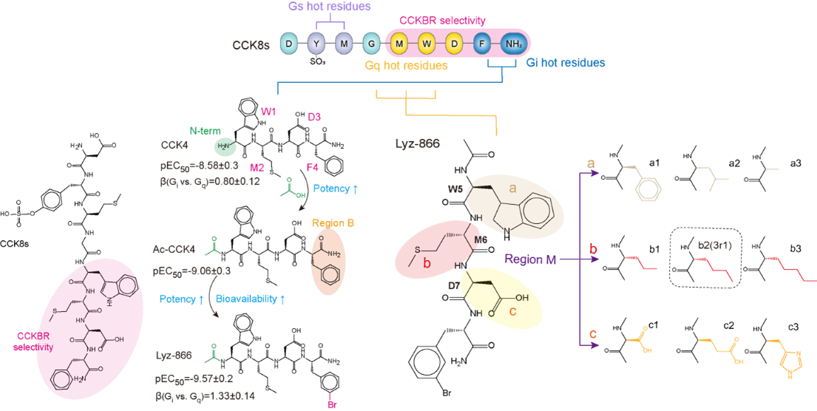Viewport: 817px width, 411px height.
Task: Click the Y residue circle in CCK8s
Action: point(316,44)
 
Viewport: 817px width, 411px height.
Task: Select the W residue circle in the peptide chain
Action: point(427,44)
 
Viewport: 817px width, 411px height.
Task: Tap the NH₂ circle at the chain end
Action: point(513,44)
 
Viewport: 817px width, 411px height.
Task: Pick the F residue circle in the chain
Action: point(482,44)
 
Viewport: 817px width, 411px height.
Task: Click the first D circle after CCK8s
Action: point(289,44)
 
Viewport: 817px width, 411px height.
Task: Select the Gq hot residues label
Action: point(406,65)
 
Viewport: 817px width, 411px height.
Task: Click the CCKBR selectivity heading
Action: point(442,21)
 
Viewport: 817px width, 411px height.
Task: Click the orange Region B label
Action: point(333,223)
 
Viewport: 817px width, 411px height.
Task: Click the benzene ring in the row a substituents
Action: point(648,188)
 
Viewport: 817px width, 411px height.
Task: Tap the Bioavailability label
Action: point(251,299)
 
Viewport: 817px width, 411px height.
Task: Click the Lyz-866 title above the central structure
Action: point(418,143)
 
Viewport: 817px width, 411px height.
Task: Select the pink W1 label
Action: point(268,112)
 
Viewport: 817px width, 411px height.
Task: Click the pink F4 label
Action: point(313,167)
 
